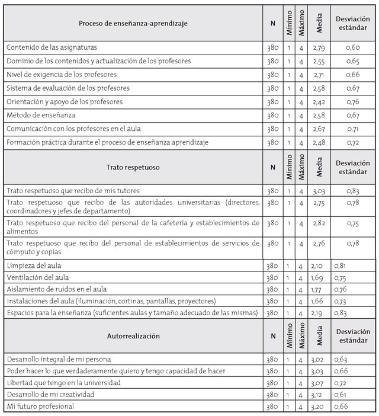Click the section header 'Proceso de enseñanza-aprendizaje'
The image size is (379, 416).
(x=133, y=23)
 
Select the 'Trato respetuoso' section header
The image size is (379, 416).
(x=133, y=168)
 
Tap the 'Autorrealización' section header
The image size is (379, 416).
(x=133, y=336)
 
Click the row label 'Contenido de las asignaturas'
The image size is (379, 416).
(x=52, y=47)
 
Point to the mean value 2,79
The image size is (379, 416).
(x=320, y=47)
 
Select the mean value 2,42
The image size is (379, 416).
(x=320, y=101)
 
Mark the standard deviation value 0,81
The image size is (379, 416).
(x=340, y=266)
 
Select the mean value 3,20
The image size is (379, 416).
(x=320, y=407)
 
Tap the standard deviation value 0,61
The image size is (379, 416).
(x=340, y=395)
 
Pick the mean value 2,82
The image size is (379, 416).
(x=320, y=226)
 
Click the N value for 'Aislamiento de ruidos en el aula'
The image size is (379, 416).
(x=272, y=289)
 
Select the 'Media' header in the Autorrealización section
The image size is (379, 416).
(x=319, y=337)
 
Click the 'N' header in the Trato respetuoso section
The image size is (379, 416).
(x=272, y=168)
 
